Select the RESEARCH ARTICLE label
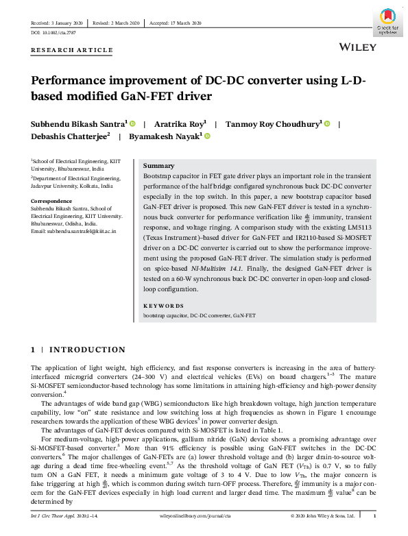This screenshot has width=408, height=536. tap(71, 50)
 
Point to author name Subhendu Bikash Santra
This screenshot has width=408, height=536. tap(77, 124)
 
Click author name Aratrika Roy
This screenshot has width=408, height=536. tap(183, 124)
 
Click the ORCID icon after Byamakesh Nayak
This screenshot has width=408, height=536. tap(206, 136)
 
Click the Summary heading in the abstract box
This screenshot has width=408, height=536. tap(158, 166)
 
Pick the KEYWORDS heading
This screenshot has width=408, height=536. tap(163, 306)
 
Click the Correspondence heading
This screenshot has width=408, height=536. tap(52, 201)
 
